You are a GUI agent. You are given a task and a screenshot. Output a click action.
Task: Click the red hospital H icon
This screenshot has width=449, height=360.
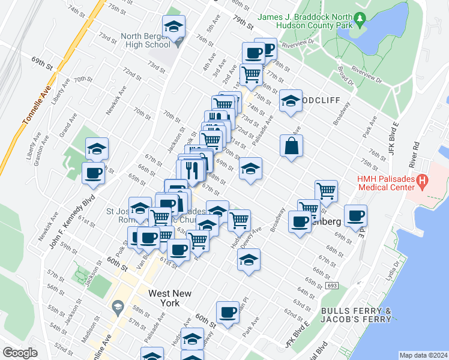[422, 179]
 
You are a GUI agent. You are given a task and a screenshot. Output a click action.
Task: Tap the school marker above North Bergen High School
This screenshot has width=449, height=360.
[173, 27]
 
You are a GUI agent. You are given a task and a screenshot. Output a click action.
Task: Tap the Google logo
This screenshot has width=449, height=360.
[20, 353]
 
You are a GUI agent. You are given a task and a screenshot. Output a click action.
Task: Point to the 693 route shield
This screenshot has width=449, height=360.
[331, 286]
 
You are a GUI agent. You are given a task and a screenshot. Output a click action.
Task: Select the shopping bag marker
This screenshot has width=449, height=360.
[291, 146]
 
